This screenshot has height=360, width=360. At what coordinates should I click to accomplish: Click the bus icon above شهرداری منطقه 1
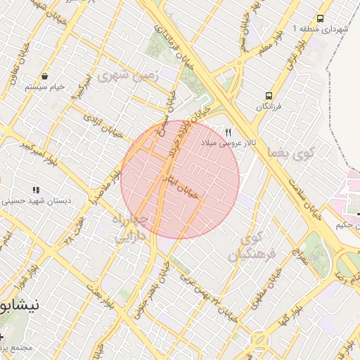click(321, 19)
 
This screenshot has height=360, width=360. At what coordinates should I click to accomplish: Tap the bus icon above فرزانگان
click(269, 96)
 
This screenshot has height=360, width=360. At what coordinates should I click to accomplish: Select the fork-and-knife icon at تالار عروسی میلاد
click(228, 132)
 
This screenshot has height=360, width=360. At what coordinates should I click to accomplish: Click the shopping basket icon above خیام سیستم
click(45, 76)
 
